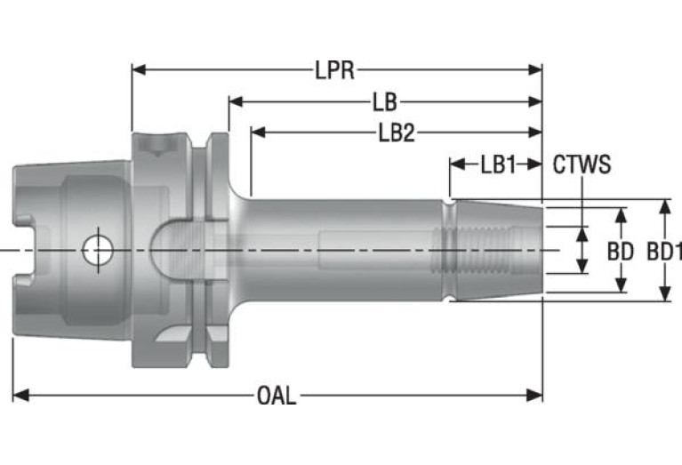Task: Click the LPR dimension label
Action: (334, 70)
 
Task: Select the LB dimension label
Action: (385, 102)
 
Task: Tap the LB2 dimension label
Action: (397, 132)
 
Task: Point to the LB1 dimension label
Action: (498, 164)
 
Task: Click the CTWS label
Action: (582, 164)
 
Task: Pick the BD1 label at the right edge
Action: (663, 252)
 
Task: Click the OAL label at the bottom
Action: (277, 396)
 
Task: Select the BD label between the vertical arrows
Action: (621, 252)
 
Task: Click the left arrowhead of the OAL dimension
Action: (20, 396)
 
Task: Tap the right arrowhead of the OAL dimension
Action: (534, 396)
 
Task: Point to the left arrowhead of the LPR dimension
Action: (140, 69)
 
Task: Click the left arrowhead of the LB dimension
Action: (237, 101)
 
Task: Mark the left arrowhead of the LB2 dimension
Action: (259, 132)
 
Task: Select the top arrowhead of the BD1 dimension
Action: (664, 206)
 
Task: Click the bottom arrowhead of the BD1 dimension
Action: (664, 293)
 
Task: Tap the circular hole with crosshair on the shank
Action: (98, 250)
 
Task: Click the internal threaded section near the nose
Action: (477, 250)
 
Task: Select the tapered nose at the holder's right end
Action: (499, 250)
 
